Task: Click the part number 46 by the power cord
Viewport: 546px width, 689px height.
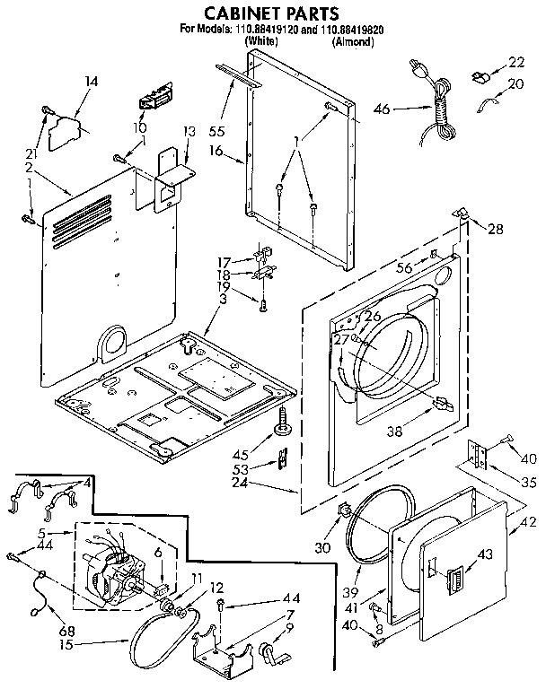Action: point(382,109)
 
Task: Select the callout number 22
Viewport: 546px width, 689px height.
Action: point(515,62)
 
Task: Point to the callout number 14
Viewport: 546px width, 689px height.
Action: point(90,82)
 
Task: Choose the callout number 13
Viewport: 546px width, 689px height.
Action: point(189,132)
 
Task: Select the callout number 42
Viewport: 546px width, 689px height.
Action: point(518,530)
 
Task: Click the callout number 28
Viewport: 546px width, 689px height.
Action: point(496,230)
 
